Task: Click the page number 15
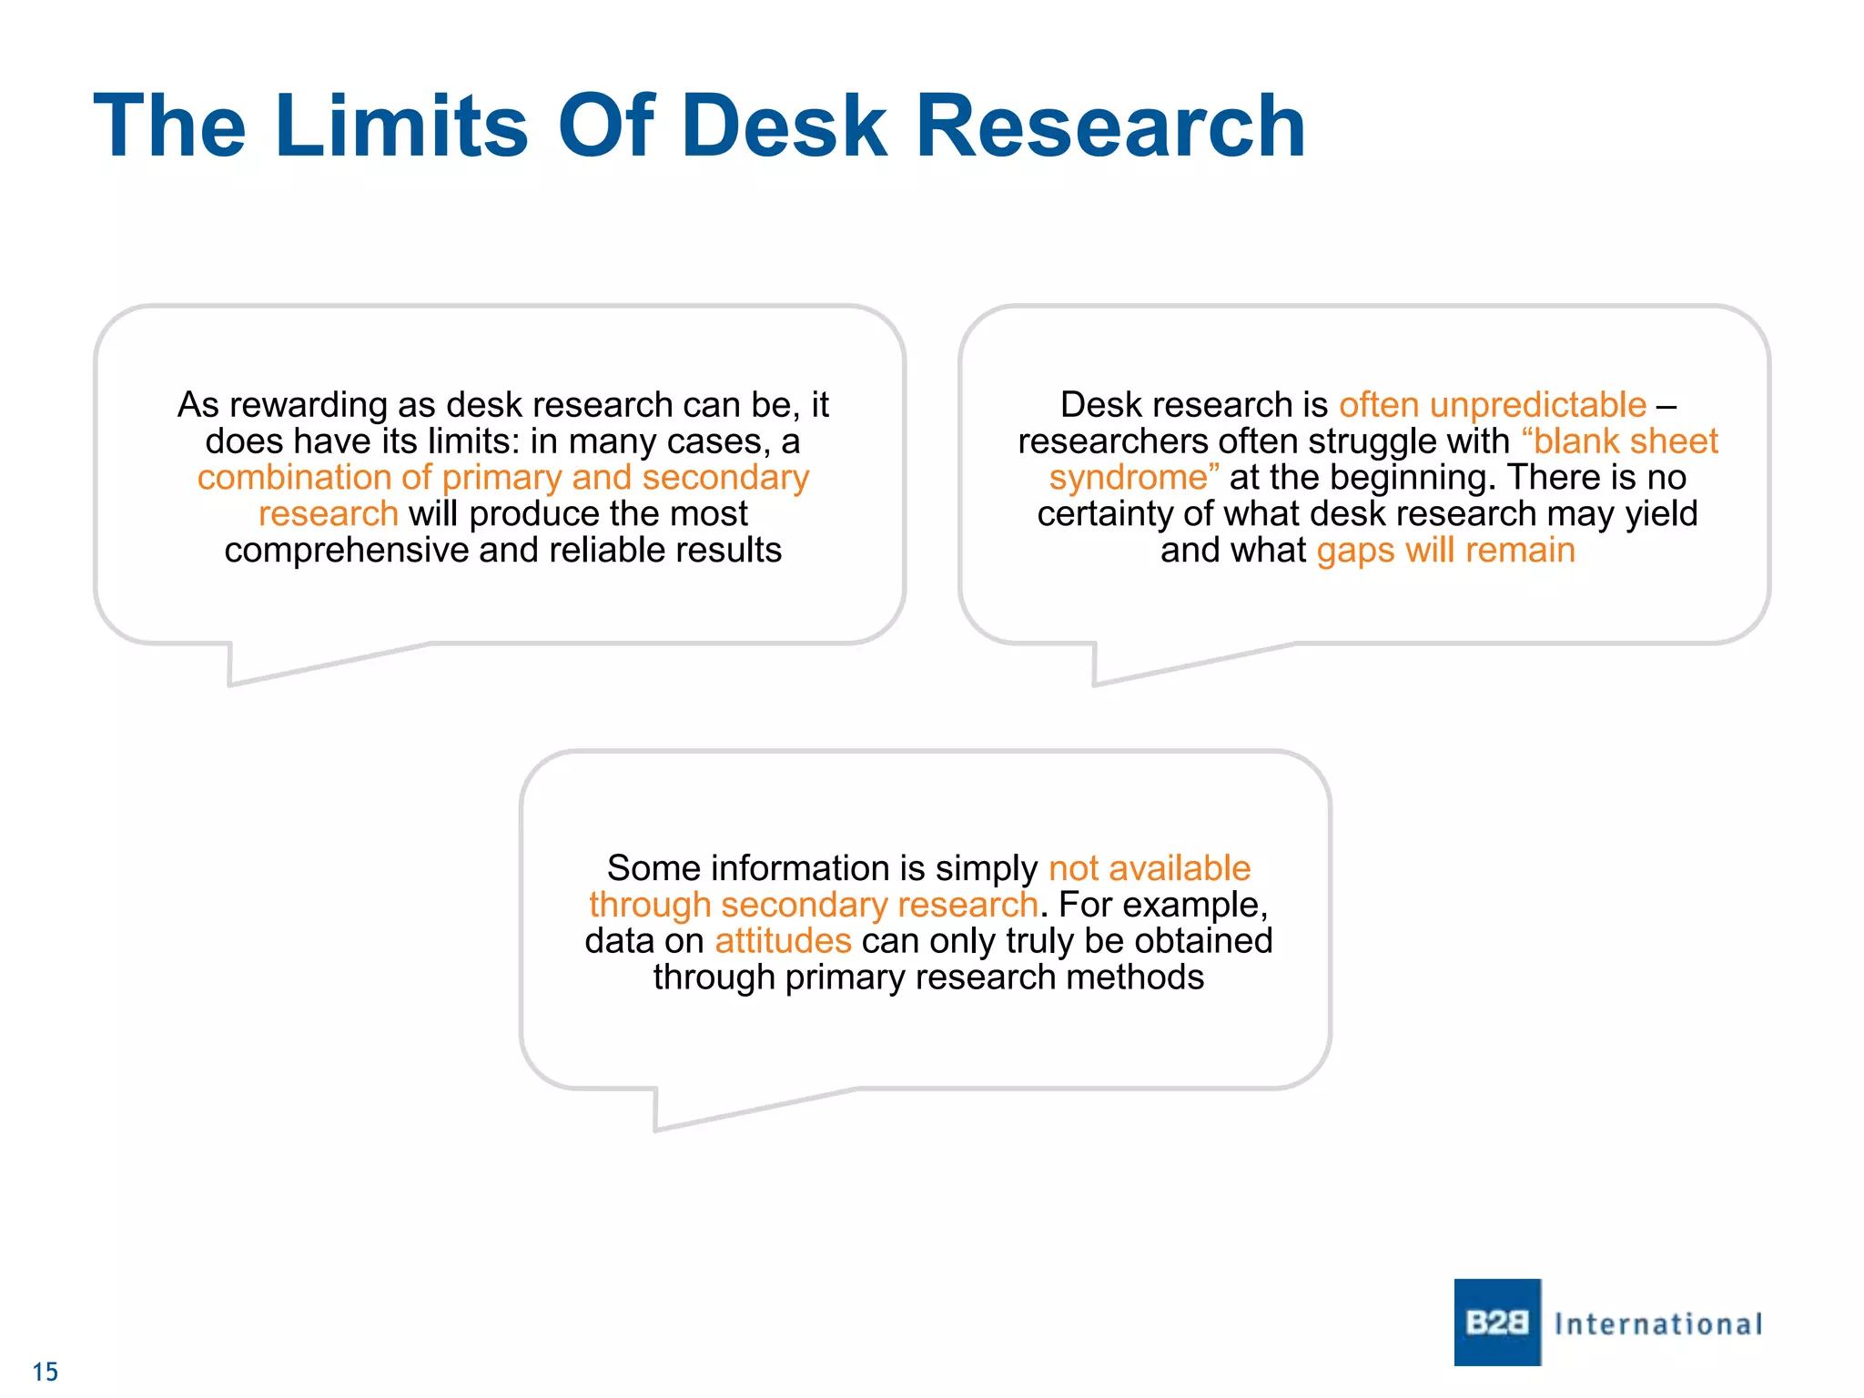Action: point(46,1372)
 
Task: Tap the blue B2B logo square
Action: point(1497,1322)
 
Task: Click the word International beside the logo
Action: point(1658,1324)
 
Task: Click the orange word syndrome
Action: point(1128,478)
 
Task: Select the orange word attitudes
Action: point(783,941)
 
